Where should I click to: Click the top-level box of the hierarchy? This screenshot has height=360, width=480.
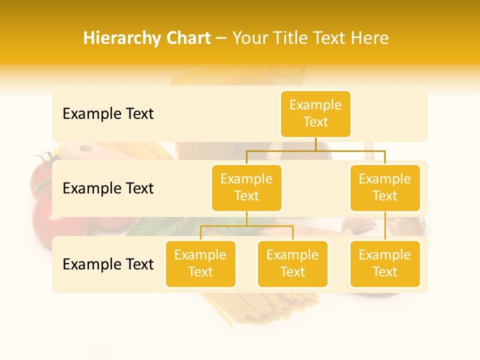coord(315,114)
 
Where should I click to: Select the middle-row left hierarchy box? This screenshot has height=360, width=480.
coord(246,188)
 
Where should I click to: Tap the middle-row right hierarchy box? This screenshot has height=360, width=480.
coord(385,188)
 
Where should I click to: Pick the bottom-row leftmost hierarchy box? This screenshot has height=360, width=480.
coord(200,264)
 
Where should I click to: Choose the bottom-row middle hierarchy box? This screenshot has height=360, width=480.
coord(292,264)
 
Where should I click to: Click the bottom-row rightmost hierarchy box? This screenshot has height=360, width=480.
coord(385,264)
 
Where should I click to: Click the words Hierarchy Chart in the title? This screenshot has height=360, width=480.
coord(147,38)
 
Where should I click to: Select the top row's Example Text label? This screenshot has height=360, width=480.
coord(108,114)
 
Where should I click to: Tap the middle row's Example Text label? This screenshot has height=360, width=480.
coord(108,188)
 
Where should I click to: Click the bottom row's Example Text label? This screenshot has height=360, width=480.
coord(108,264)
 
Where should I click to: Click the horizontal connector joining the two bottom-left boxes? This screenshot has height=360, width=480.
coord(246,226)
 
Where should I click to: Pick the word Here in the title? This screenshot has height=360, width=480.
coord(370,38)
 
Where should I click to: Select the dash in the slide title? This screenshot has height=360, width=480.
coord(221,38)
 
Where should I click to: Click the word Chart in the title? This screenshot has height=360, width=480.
coord(187,38)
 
